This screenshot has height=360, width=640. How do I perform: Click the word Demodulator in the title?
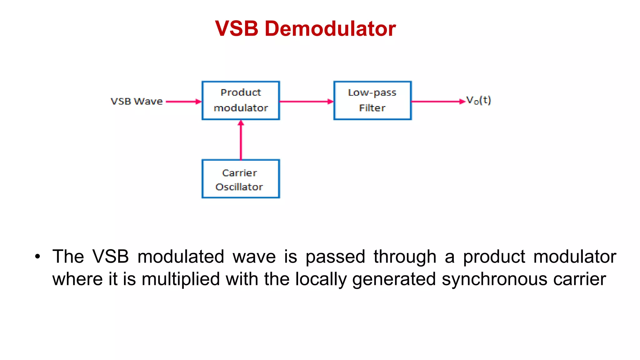pyautogui.click(x=330, y=28)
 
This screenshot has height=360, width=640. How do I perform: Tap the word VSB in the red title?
pyautogui.click(x=237, y=28)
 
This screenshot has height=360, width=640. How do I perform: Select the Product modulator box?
pyautogui.click(x=241, y=100)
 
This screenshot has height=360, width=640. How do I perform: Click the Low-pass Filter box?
pyautogui.click(x=372, y=100)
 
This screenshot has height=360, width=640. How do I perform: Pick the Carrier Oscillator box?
pyautogui.click(x=241, y=179)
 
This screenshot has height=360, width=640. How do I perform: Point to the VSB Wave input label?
pyautogui.click(x=137, y=101)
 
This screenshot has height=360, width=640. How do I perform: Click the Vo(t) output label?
pyautogui.click(x=478, y=100)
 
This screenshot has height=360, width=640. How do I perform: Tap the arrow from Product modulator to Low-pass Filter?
pyautogui.click(x=306, y=102)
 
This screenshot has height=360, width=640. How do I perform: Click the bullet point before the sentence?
pyautogui.click(x=38, y=257)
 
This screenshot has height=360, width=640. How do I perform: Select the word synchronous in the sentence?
pyautogui.click(x=494, y=279)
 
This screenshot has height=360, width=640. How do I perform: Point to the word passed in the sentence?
pyautogui.click(x=335, y=257)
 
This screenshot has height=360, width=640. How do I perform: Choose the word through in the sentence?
pyautogui.click(x=405, y=257)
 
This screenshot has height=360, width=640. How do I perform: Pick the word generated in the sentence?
pyautogui.click(x=394, y=279)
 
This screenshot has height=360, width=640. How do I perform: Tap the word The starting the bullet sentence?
pyautogui.click(x=68, y=257)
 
